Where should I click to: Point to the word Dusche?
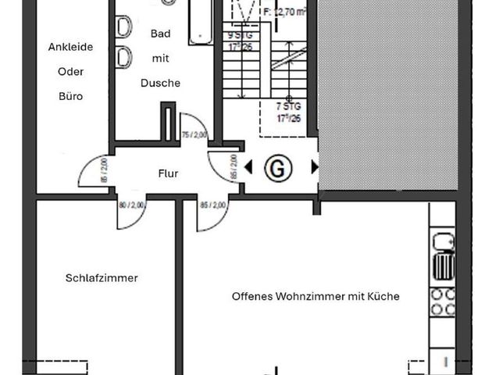click(161, 83)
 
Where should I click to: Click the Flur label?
click(167, 173)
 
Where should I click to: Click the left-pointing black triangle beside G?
click(248, 166)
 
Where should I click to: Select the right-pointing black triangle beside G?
click(315, 166)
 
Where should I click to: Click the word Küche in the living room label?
click(386, 296)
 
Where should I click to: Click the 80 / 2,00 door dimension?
click(133, 206)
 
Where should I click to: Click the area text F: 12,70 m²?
click(288, 12)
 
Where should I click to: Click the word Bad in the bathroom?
click(161, 32)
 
